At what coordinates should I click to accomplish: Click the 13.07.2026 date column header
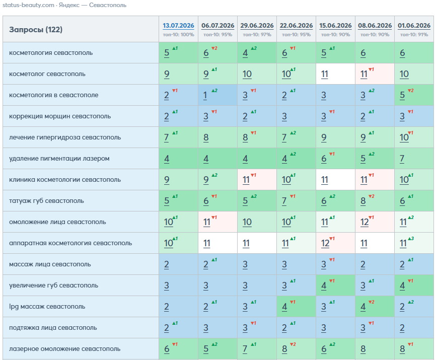[178, 26]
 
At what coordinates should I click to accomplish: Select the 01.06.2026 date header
[414, 26]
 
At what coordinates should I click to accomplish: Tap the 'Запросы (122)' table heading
[36, 30]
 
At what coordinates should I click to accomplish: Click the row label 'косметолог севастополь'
[47, 74]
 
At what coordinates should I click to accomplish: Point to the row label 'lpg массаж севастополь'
[47, 306]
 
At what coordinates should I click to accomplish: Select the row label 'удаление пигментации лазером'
[59, 159]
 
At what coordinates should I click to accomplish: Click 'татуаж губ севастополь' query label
[46, 201]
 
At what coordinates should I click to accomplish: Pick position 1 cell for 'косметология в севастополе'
[217, 95]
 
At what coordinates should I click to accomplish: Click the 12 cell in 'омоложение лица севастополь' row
[375, 222]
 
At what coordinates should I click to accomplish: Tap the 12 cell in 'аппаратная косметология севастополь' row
[335, 243]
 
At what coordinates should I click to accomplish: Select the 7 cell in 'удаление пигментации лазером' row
[414, 159]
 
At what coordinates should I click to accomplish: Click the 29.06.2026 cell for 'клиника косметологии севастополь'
[257, 180]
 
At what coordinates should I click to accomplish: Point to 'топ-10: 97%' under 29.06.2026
[257, 35]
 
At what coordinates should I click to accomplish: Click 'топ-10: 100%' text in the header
[178, 35]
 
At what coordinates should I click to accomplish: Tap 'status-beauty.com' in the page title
[28, 5]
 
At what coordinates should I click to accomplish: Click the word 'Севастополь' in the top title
[108, 5]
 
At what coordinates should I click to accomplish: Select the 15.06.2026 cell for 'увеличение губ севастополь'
[335, 285]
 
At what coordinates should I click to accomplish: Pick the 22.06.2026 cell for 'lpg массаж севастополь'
[296, 306]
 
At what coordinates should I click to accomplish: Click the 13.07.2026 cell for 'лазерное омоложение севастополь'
[178, 348]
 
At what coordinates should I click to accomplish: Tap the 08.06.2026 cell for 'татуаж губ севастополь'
[375, 201]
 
